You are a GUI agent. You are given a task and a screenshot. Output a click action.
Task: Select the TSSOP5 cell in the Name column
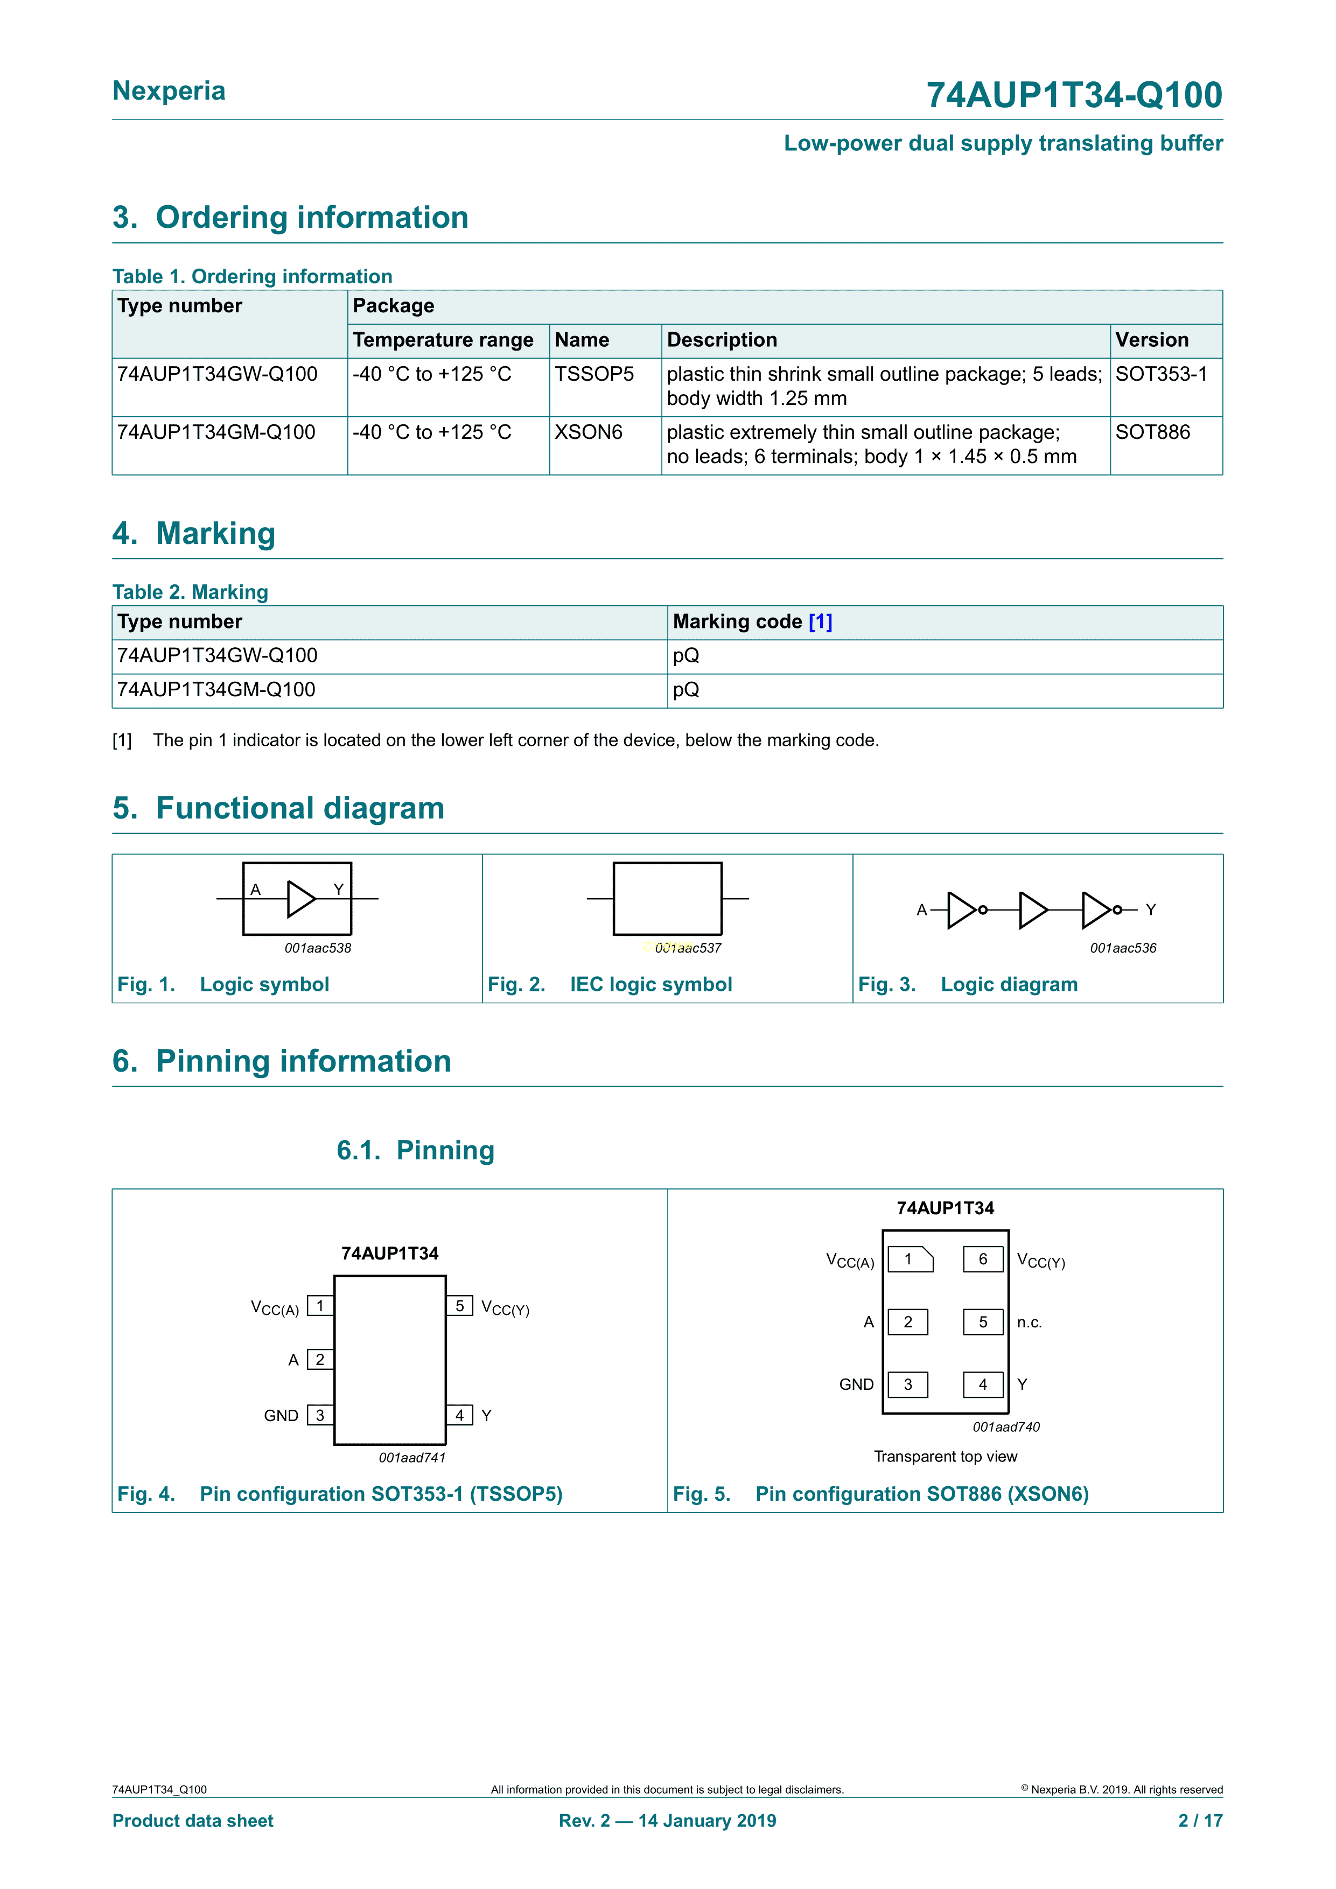[594, 374]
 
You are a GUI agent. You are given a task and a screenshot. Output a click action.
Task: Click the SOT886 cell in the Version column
[1152, 433]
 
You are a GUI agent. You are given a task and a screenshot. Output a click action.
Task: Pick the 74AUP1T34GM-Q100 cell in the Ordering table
[216, 433]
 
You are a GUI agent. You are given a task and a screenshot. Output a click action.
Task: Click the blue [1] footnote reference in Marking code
[820, 622]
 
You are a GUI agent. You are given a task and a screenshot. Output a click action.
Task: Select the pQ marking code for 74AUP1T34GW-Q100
[686, 656]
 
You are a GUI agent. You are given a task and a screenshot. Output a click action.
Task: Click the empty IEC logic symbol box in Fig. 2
[667, 898]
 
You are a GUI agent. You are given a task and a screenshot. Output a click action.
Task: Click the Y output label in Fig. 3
[1151, 910]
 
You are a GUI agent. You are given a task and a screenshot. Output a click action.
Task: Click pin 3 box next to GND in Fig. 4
[320, 1415]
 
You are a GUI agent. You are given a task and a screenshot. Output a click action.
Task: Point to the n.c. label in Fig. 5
[1029, 1323]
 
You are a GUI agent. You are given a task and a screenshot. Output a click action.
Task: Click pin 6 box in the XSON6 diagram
[983, 1260]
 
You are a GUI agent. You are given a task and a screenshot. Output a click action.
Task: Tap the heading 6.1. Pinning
[415, 1150]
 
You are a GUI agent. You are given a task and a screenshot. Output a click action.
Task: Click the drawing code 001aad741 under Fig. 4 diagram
[412, 1458]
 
